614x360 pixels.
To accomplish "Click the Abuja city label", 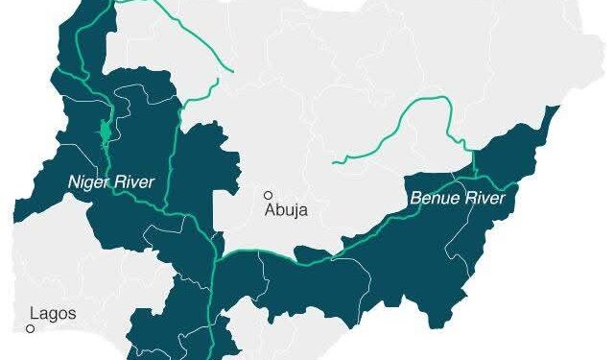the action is (287, 211).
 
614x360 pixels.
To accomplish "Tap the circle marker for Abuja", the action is (270, 195).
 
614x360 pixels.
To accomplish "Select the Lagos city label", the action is (53, 313).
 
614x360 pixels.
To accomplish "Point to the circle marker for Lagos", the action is (31, 328).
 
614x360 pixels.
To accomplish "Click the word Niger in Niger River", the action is (83, 181).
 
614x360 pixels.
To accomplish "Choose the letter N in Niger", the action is (72, 181).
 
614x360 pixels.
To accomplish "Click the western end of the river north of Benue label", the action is (335, 160).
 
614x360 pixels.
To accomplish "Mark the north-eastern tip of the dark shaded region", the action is (556, 108).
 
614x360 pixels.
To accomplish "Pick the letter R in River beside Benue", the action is (465, 200).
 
